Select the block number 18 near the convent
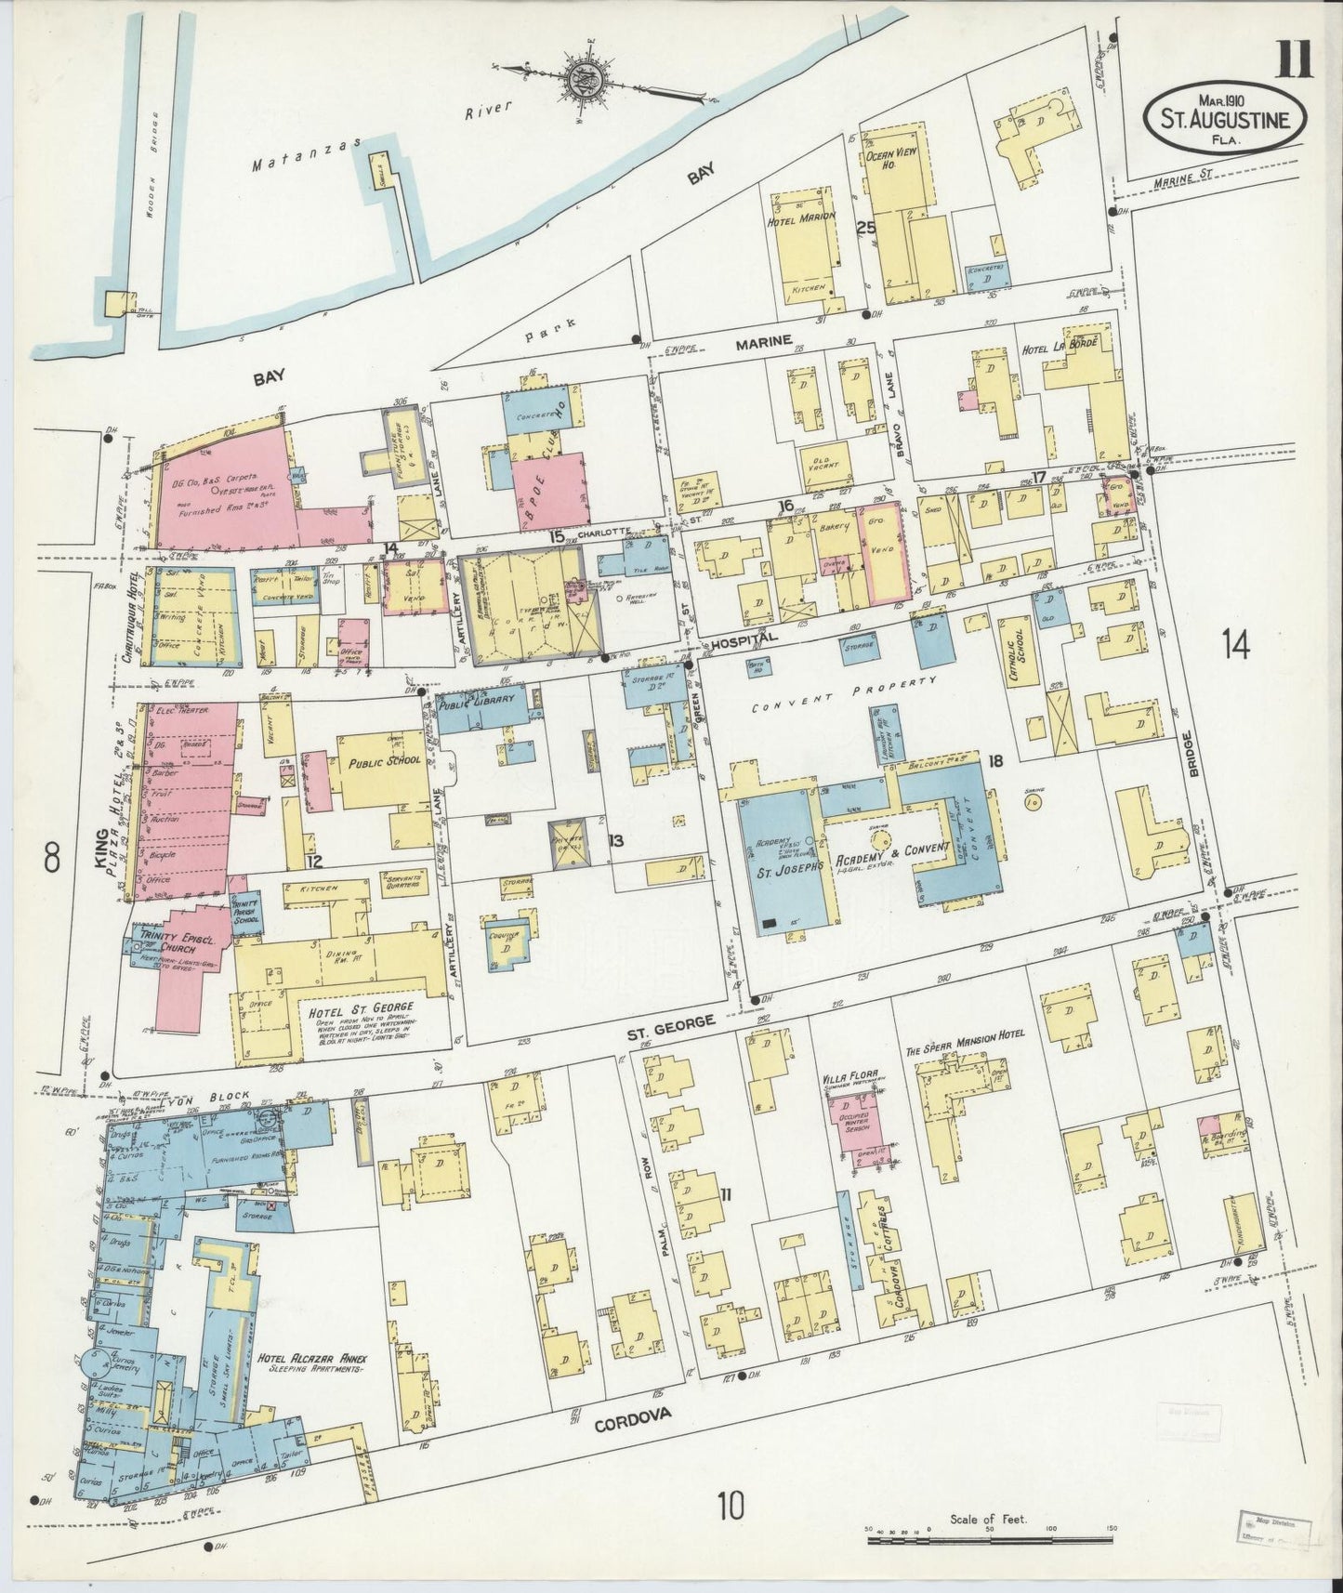click(996, 761)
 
